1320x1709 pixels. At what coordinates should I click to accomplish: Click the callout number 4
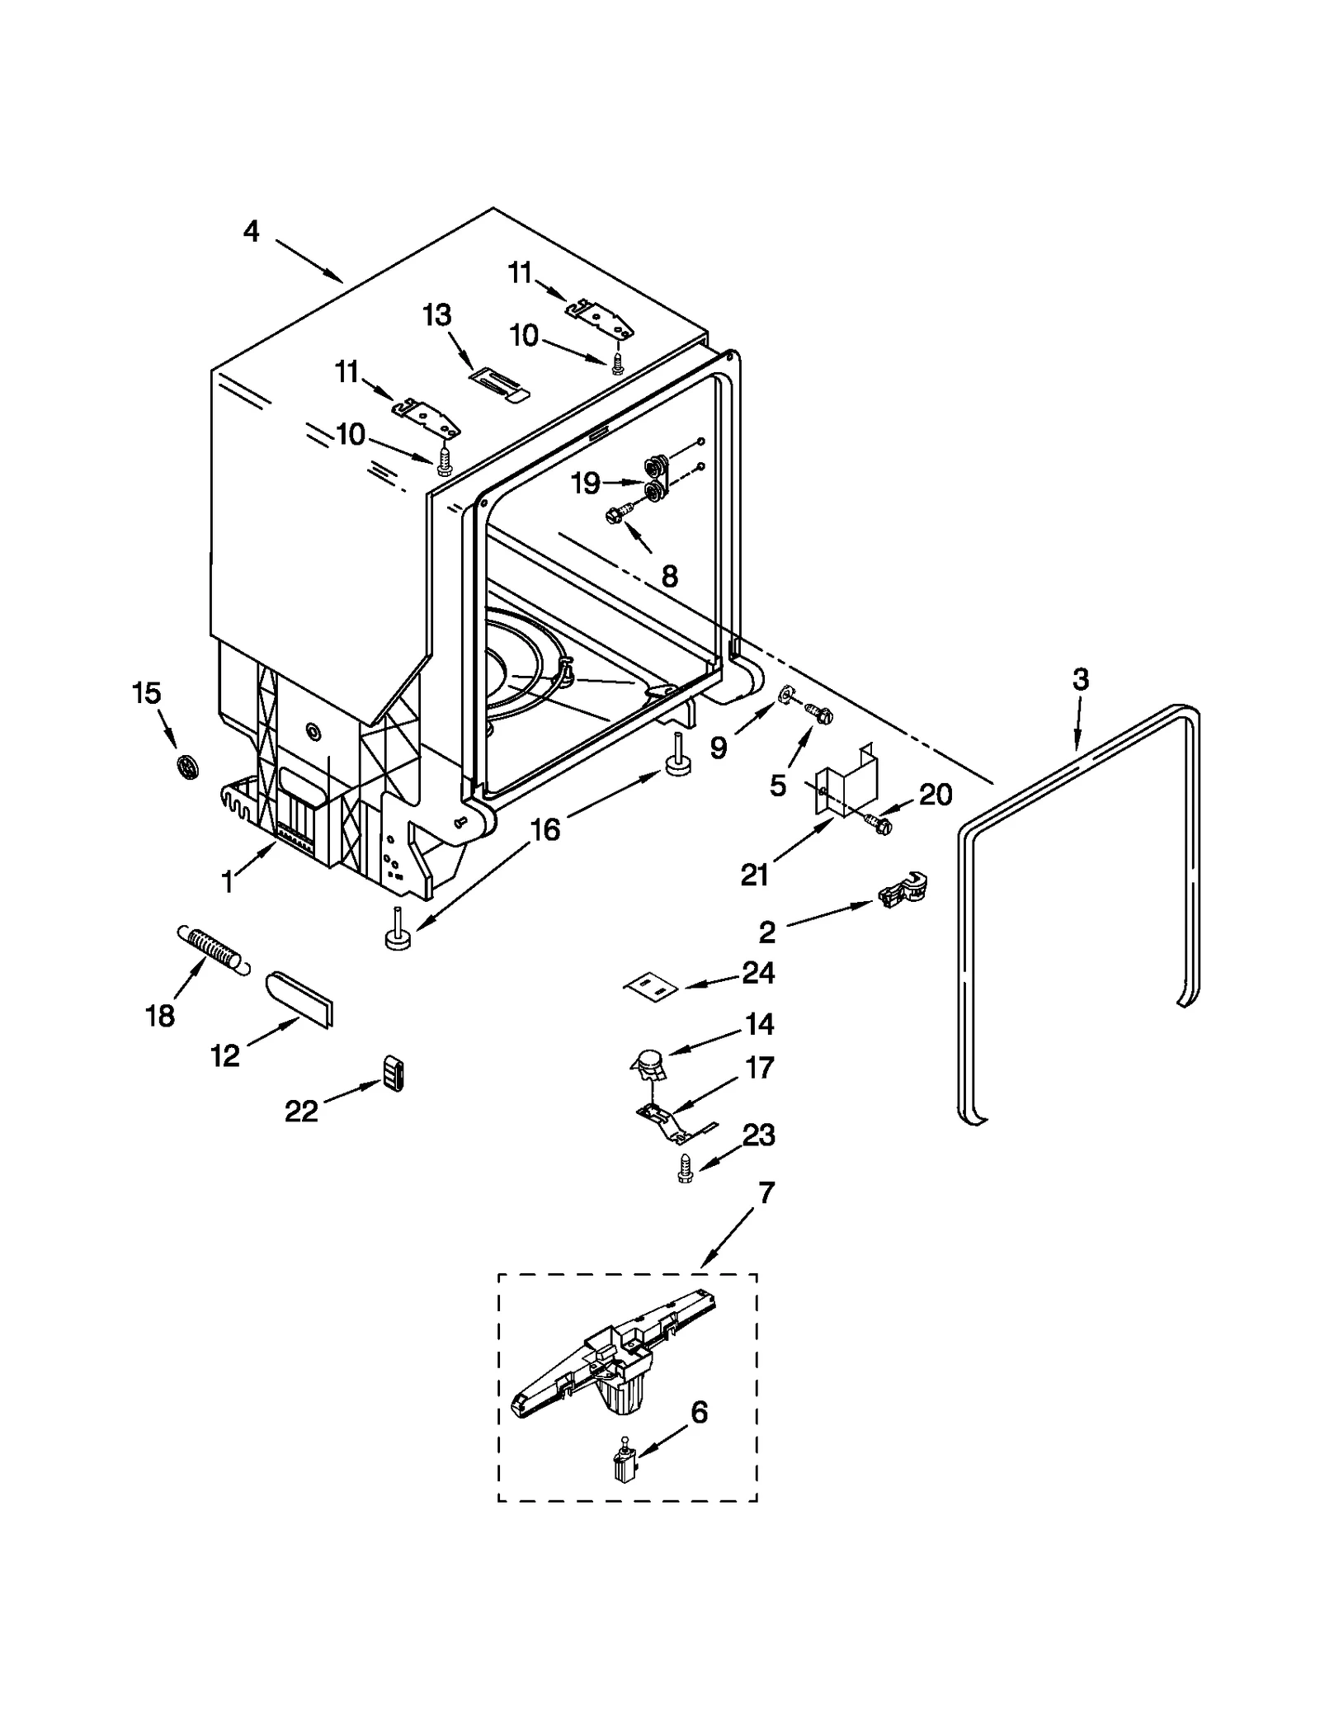tap(251, 231)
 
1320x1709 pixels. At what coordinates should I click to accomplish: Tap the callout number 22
tap(301, 1112)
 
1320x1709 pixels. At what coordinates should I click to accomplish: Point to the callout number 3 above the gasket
tap(1080, 679)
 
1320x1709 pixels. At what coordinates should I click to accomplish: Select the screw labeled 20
tap(879, 823)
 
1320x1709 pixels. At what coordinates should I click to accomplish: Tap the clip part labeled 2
tap(904, 892)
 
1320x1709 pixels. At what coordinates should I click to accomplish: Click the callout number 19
tap(585, 483)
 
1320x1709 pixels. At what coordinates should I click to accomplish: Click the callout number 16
tap(544, 829)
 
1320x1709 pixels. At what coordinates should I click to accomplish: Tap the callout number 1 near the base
tap(227, 882)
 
